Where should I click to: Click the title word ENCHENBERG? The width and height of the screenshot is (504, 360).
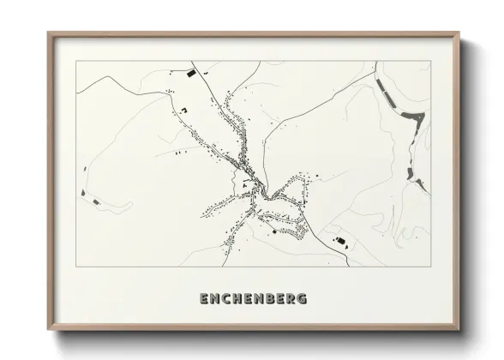point(253,299)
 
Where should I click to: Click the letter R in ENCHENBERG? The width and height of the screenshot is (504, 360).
point(290,299)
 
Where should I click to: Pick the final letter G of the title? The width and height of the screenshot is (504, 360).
point(302,299)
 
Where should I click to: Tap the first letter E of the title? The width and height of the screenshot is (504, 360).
point(203,299)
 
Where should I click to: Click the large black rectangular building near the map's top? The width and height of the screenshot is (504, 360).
point(191,75)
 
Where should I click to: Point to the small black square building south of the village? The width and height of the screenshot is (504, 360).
point(272,230)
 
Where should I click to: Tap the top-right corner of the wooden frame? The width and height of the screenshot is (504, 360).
point(459,33)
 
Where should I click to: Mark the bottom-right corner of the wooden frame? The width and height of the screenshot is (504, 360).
point(459,333)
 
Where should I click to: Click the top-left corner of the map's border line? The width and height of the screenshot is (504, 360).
point(76,61)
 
